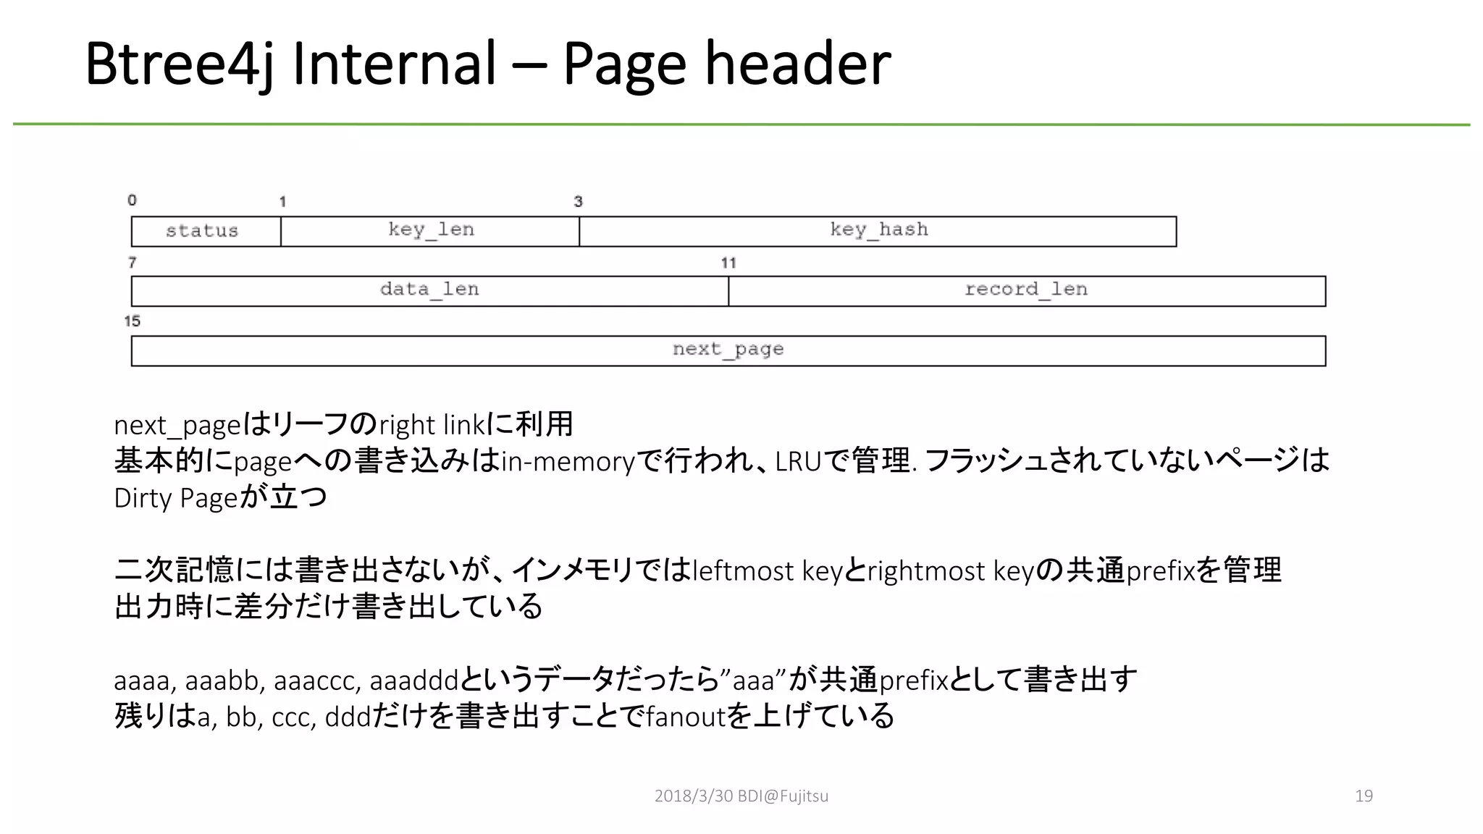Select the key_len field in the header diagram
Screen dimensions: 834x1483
point(430,232)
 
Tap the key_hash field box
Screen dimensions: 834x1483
point(878,232)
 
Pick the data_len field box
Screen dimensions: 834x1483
point(429,291)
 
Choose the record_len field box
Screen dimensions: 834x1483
point(1026,291)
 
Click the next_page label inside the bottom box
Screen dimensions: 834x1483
point(728,350)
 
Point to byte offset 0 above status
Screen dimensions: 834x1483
point(132,201)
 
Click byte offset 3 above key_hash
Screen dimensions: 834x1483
point(578,202)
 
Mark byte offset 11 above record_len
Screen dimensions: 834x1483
point(728,263)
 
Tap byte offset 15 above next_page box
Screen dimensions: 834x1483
point(132,321)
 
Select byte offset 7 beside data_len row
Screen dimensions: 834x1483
point(132,263)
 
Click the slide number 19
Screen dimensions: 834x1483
point(1364,796)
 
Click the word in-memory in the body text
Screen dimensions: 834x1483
point(568,462)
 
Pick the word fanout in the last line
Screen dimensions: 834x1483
point(685,717)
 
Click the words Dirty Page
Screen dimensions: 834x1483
point(176,499)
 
